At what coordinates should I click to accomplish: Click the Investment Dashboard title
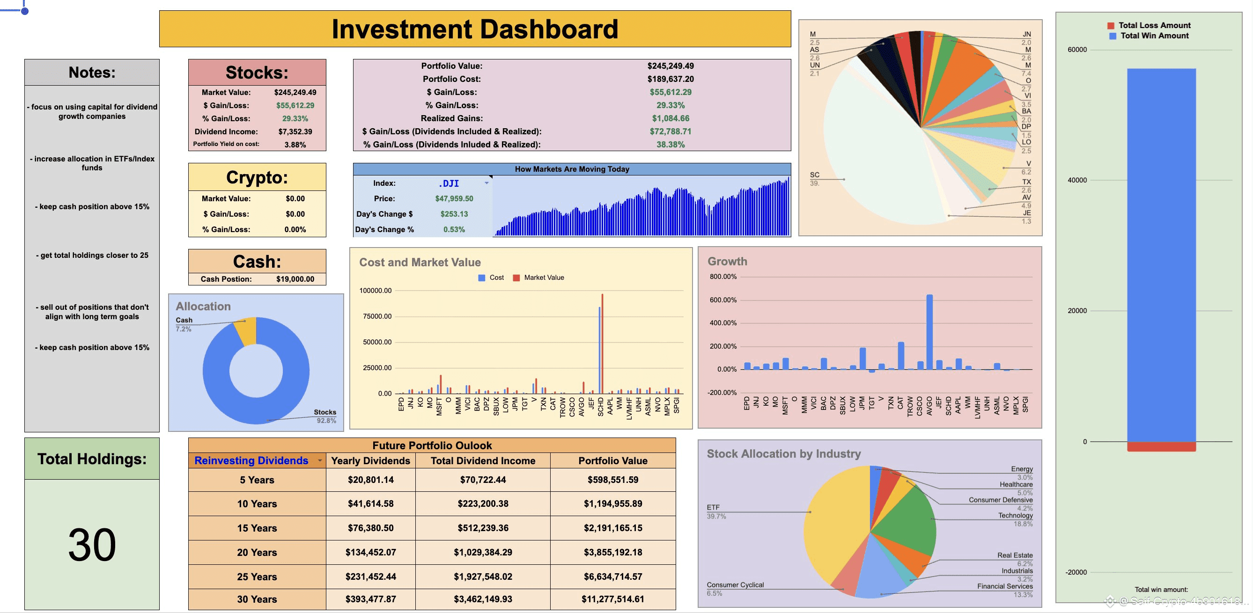pyautogui.click(x=475, y=29)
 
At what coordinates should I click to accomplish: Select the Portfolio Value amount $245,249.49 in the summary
pyautogui.click(x=670, y=66)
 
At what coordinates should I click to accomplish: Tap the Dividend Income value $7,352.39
pyautogui.click(x=295, y=131)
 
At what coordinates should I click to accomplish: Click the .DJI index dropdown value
pyautogui.click(x=449, y=183)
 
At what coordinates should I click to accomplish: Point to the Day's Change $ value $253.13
pyautogui.click(x=454, y=214)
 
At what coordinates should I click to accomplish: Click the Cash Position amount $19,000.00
pyautogui.click(x=295, y=279)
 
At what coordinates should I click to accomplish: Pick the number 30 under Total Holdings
pyautogui.click(x=92, y=545)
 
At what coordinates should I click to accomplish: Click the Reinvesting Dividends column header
pyautogui.click(x=251, y=460)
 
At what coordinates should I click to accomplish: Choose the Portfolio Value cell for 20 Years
pyautogui.click(x=612, y=552)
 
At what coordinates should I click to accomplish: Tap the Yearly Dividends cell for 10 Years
pyautogui.click(x=370, y=504)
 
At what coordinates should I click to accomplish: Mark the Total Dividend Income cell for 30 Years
pyautogui.click(x=483, y=599)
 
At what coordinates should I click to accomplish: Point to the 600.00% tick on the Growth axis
pyautogui.click(x=723, y=300)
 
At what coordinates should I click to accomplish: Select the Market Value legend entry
pyautogui.click(x=543, y=277)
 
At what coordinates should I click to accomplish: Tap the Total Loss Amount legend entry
pyautogui.click(x=1154, y=25)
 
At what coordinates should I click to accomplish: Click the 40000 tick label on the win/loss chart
pyautogui.click(x=1077, y=180)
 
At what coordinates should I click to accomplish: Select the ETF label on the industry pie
pyautogui.click(x=713, y=507)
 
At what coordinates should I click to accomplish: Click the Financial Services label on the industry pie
pyautogui.click(x=1004, y=586)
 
